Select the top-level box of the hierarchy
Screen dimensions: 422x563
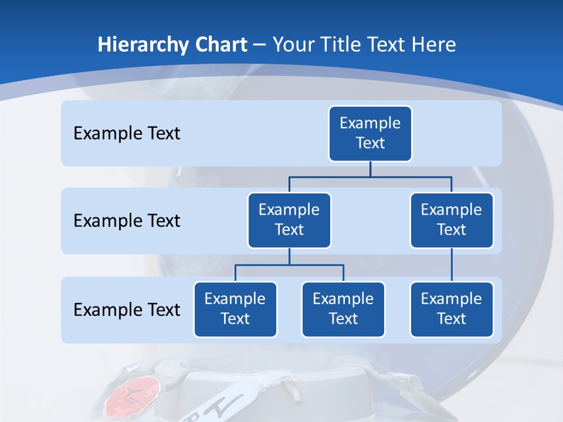coord(370,133)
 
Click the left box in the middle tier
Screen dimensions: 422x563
coord(289,220)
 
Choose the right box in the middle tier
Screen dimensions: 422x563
coord(452,220)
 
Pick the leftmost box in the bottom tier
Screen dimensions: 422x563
coord(235,309)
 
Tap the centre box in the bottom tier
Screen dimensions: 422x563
coord(343,309)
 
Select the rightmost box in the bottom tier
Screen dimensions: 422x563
coord(452,309)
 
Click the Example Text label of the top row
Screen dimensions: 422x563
coord(127,134)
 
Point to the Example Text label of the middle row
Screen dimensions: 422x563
coord(127,221)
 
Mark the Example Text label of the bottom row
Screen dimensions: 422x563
coord(127,309)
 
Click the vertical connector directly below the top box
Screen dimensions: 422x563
coord(370,169)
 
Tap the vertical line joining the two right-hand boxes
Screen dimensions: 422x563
coord(452,265)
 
